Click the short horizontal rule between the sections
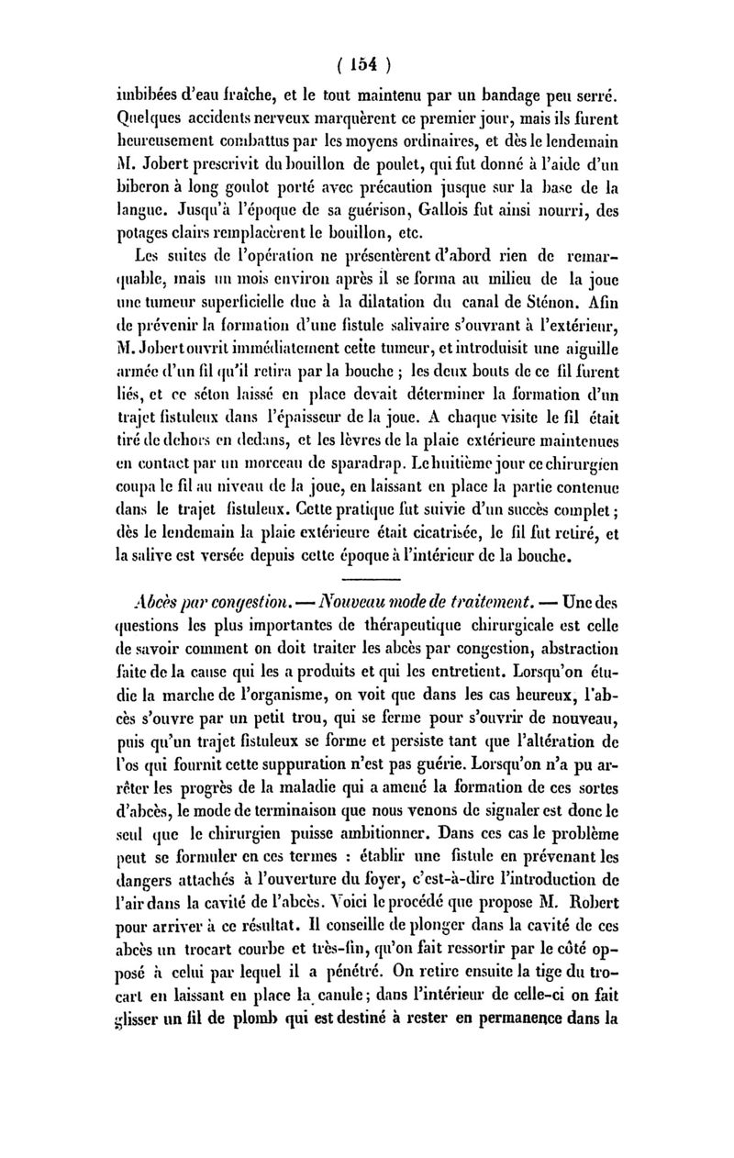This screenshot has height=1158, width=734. tap(366, 578)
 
